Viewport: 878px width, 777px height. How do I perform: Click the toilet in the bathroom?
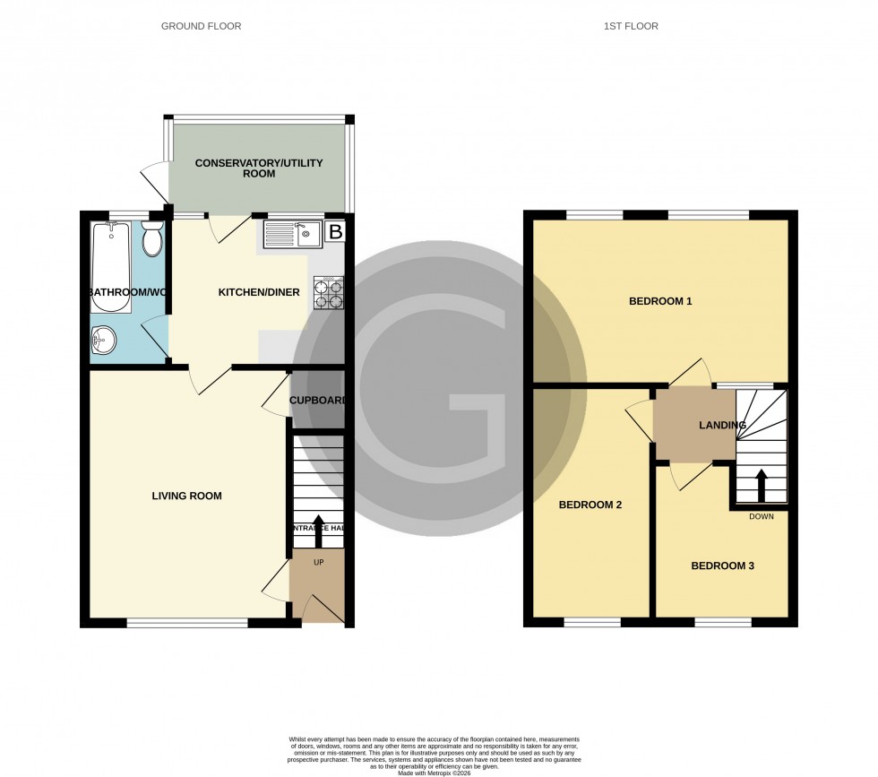coord(151,238)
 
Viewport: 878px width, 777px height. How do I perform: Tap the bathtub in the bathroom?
coord(110,267)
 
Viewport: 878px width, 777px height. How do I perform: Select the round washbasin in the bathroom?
coord(104,339)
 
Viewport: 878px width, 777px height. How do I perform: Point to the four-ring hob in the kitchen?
coord(327,293)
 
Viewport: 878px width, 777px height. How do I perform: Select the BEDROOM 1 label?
coord(660,301)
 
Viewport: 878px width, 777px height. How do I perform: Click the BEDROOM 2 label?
coord(590,505)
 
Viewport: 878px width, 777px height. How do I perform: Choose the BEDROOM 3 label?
coord(722,565)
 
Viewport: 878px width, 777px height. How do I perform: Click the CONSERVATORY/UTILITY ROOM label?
coord(259,168)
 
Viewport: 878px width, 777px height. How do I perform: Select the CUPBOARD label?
coord(318,401)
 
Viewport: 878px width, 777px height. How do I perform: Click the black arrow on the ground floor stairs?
coord(317,528)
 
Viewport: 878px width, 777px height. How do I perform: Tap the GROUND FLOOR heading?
coord(201,26)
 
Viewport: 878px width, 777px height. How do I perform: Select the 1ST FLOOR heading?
coord(631,26)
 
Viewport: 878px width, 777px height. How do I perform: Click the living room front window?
coord(187,623)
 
